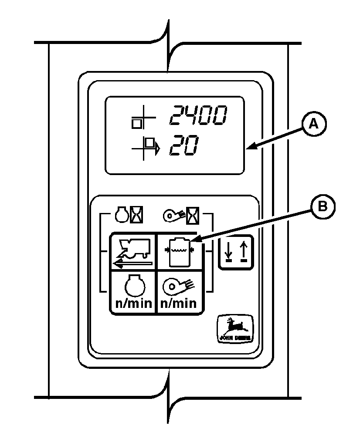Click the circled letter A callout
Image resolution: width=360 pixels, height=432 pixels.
(x=312, y=124)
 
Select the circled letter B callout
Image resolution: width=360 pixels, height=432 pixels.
(x=323, y=206)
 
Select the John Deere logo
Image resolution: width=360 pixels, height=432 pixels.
(x=235, y=330)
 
